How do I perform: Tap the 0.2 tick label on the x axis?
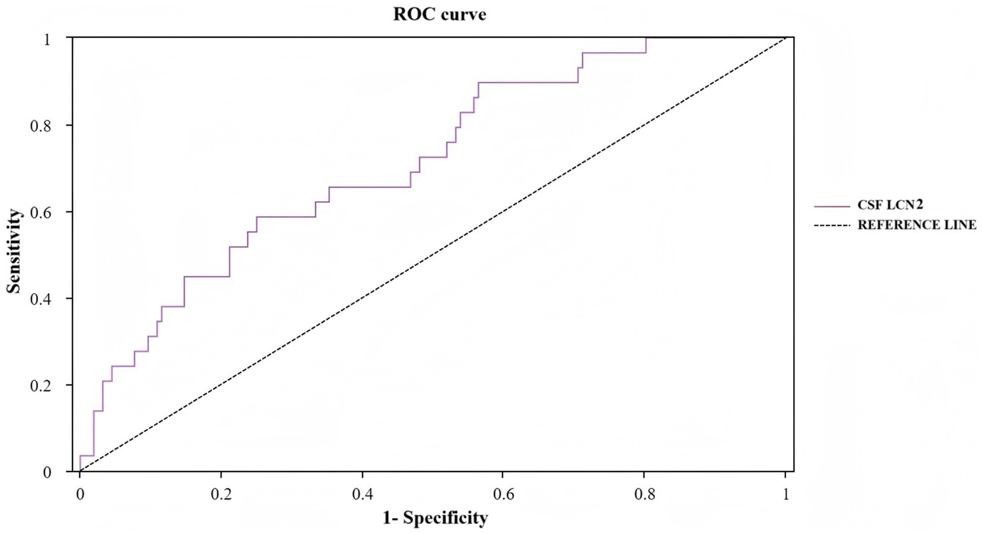pyautogui.click(x=221, y=495)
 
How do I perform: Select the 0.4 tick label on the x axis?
pyautogui.click(x=362, y=495)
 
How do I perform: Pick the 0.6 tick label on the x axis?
pyautogui.click(x=503, y=495)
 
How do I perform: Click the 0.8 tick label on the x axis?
pyautogui.click(x=644, y=495)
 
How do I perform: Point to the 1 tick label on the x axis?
pyautogui.click(x=786, y=495)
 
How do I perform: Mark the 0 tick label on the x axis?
pyautogui.click(x=80, y=495)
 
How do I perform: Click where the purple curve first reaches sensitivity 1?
pyautogui.click(x=646, y=39)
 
